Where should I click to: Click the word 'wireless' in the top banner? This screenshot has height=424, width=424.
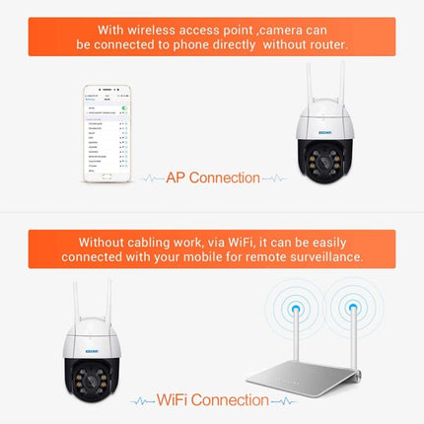[156, 29]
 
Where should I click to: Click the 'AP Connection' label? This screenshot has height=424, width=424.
[213, 178]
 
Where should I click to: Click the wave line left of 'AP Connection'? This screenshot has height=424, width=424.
[151, 179]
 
